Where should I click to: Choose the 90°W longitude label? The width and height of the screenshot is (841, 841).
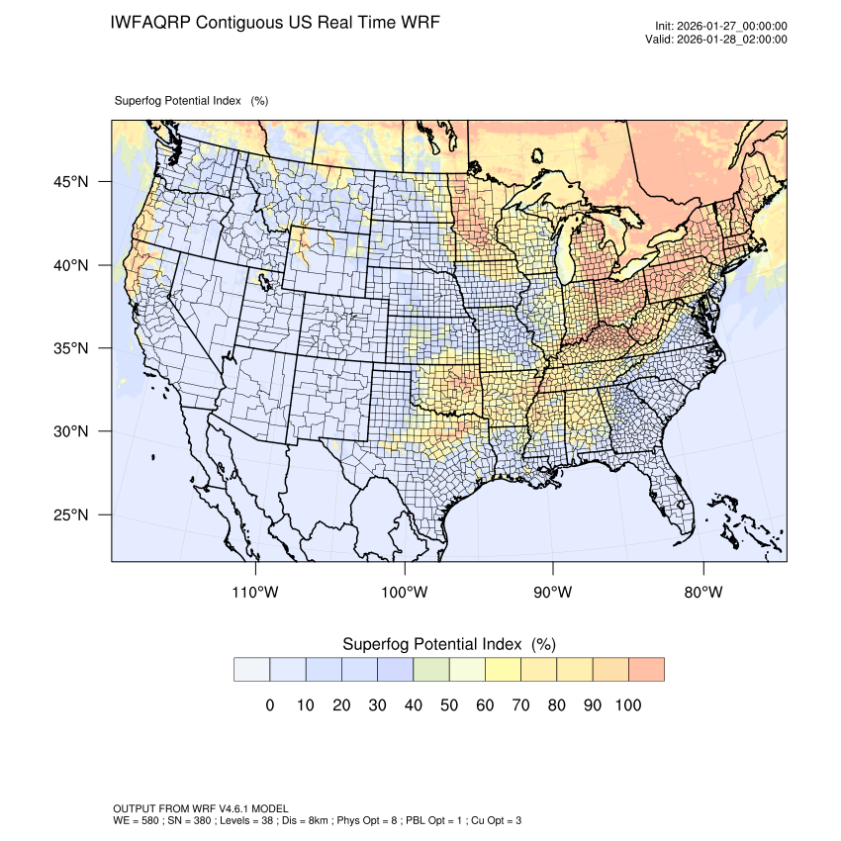pos(553,593)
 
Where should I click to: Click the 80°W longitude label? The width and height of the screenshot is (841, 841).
pos(703,593)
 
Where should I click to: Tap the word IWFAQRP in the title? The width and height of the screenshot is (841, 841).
pos(152,22)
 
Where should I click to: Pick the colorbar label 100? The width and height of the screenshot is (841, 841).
pos(627,705)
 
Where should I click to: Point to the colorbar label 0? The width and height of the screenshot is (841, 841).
pos(269,705)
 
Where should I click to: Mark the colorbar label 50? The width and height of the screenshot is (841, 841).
pos(448,705)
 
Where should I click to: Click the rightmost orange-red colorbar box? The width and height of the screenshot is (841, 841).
pos(646,670)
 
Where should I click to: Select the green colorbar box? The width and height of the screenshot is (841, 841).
pos(430,670)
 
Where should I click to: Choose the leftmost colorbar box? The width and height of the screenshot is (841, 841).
pos(251,670)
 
